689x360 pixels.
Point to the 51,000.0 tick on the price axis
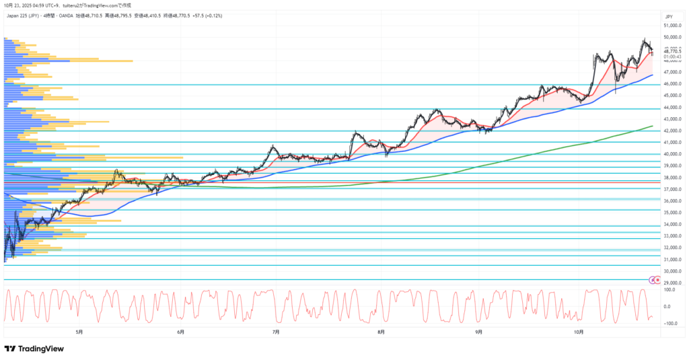coord(673,26)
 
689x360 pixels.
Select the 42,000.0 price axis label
coord(673,131)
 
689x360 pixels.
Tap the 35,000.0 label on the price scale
coord(673,213)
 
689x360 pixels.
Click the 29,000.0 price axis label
coord(673,283)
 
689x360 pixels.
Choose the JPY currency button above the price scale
coord(669,15)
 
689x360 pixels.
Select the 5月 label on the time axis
coord(79,332)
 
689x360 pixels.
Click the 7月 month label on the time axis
coord(276,332)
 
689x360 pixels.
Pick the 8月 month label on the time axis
coord(381,332)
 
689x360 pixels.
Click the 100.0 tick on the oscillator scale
coord(670,289)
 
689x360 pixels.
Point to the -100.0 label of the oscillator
coord(669,324)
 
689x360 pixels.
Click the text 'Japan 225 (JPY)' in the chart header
coord(23,14)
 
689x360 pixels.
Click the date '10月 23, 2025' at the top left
coord(19,5)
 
